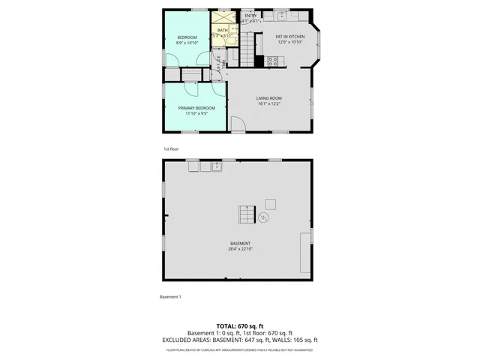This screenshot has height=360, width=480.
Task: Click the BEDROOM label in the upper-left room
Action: pyautogui.click(x=187, y=37)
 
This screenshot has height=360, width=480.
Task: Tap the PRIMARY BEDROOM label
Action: pyautogui.click(x=196, y=108)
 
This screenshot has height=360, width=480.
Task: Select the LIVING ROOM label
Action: pyautogui.click(x=268, y=98)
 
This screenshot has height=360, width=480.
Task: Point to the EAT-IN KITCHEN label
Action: pyautogui.click(x=289, y=36)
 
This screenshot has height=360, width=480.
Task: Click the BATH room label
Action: pyautogui.click(x=223, y=31)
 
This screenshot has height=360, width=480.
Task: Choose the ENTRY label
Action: pyautogui.click(x=250, y=15)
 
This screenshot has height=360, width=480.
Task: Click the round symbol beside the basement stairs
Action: pyautogui.click(x=264, y=217)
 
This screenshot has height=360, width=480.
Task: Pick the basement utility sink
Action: pyautogui.click(x=217, y=166)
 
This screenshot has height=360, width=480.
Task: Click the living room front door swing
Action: pyautogui.click(x=238, y=125)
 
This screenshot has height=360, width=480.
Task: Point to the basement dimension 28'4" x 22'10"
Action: pyautogui.click(x=240, y=249)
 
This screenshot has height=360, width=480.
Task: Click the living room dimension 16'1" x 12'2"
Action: pyautogui.click(x=268, y=105)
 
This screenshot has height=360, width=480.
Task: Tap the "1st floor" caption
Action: pyautogui.click(x=171, y=149)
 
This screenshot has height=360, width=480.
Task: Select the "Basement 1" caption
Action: pyautogui.click(x=170, y=297)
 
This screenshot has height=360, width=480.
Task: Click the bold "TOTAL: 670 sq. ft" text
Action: pyautogui.click(x=239, y=325)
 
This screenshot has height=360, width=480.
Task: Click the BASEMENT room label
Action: pyautogui.click(x=240, y=243)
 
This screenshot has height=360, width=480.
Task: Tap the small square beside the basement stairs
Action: pyautogui.click(x=270, y=203)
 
